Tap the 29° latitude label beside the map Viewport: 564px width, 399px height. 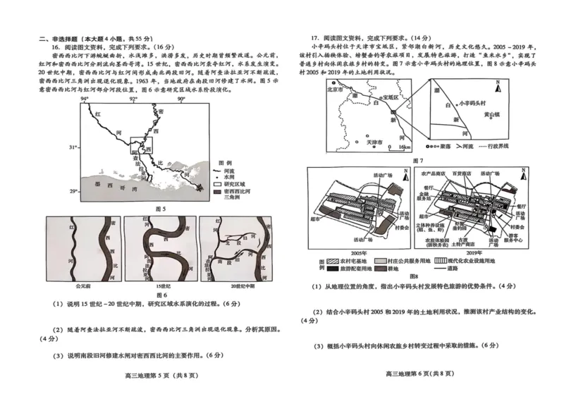[73, 192]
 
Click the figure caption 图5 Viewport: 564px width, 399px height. [158, 209]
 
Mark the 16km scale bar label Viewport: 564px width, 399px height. [405, 148]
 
